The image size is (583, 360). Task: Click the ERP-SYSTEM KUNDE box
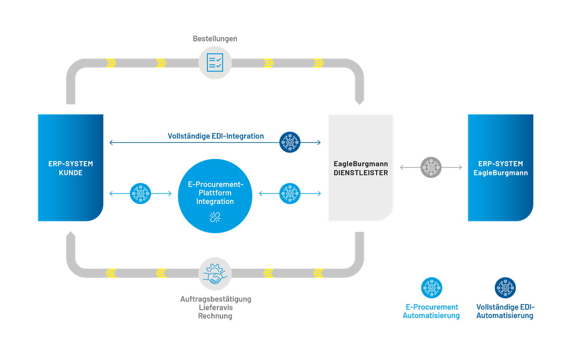click(x=70, y=168)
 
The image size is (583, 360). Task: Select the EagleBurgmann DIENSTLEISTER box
click(x=360, y=168)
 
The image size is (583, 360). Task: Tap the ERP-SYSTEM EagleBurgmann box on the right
click(x=500, y=168)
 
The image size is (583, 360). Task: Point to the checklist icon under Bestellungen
click(x=215, y=63)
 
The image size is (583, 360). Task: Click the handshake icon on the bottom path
click(x=215, y=273)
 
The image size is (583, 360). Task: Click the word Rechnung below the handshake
click(x=215, y=316)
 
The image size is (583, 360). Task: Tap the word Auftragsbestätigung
click(x=215, y=299)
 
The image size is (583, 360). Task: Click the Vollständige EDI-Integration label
click(x=215, y=136)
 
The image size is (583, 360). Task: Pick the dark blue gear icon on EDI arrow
click(x=290, y=143)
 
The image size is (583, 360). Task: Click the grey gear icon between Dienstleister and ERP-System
click(x=431, y=168)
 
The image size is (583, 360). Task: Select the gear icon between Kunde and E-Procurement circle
click(x=140, y=193)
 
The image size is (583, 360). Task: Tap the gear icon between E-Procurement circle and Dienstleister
click(x=290, y=193)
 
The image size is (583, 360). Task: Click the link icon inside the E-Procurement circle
click(x=215, y=216)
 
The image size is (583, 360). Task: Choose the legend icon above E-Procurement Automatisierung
click(x=431, y=288)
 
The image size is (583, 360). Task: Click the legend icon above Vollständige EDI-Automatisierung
click(x=505, y=288)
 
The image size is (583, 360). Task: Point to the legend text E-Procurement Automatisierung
click(x=431, y=311)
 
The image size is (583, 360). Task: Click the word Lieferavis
click(x=215, y=308)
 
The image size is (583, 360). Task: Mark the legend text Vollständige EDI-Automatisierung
click(x=505, y=311)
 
